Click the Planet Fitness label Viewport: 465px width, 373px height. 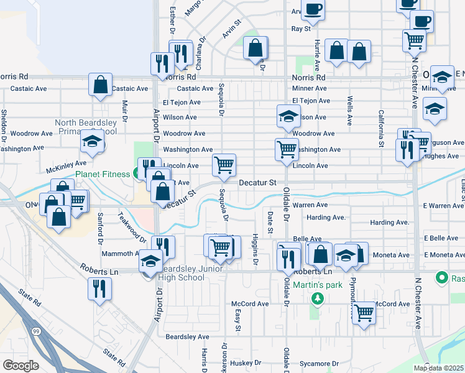(x=103, y=174)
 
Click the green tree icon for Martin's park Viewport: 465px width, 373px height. (x=318, y=299)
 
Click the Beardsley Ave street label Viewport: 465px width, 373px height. (x=187, y=336)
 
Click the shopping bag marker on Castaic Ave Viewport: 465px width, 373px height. (x=101, y=85)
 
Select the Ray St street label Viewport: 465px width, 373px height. (x=301, y=29)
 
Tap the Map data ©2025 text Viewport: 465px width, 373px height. (x=438, y=368)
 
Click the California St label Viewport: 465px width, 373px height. (x=381, y=129)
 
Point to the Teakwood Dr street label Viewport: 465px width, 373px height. (x=132, y=228)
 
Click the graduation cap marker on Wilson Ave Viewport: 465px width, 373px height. (x=288, y=116)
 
